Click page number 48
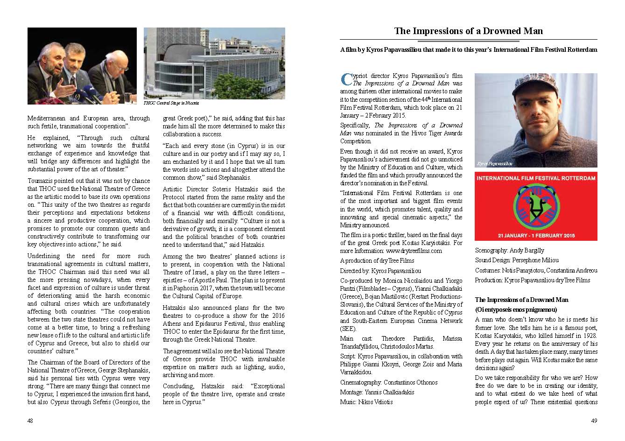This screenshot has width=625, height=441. (30, 420)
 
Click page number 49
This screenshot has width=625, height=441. (594, 420)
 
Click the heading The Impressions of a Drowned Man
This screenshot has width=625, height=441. (468, 31)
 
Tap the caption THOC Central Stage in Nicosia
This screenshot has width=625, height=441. (171, 103)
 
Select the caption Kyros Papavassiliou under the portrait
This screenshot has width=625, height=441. (495, 164)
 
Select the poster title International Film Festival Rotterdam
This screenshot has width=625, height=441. (535, 178)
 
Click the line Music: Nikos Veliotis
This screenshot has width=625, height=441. (366, 402)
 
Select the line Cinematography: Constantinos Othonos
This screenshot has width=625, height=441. (389, 382)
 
